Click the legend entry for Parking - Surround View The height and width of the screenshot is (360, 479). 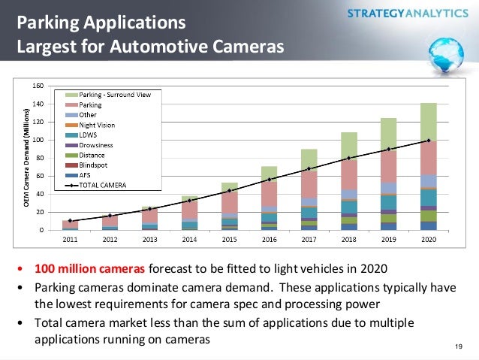point(113,95)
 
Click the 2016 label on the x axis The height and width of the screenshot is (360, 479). point(270,238)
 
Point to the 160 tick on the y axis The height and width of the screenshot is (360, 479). point(36,86)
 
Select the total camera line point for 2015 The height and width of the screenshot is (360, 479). point(229,191)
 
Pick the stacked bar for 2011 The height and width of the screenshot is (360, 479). point(70,225)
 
